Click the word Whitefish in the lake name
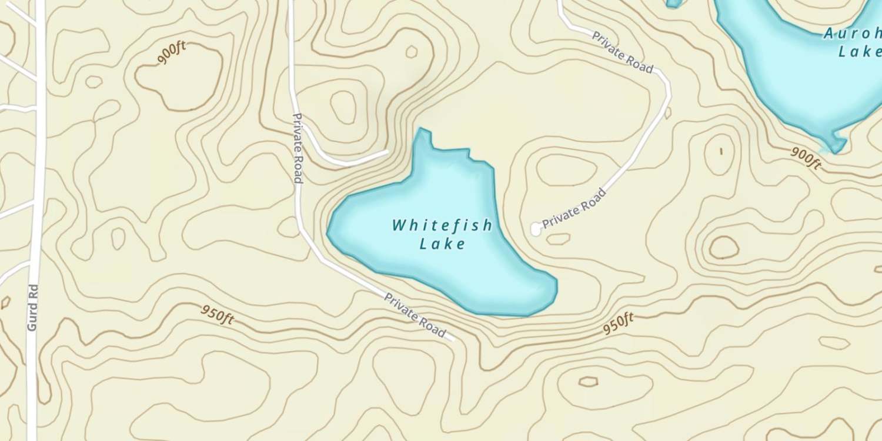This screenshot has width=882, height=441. pyautogui.click(x=442, y=225)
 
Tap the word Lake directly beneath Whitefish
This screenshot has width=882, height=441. pyautogui.click(x=442, y=243)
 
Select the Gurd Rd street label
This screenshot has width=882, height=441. pyautogui.click(x=32, y=307)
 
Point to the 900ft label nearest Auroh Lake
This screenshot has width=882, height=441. pyautogui.click(x=806, y=158)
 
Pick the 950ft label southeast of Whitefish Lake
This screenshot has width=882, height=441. pyautogui.click(x=618, y=324)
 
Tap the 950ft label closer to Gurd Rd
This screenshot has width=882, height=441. pyautogui.click(x=217, y=315)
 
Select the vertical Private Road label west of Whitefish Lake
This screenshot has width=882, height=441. pyautogui.click(x=298, y=148)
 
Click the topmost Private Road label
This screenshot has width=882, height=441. pyautogui.click(x=622, y=53)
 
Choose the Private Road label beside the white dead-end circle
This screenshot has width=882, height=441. pyautogui.click(x=574, y=208)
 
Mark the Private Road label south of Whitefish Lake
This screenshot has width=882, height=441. pyautogui.click(x=415, y=315)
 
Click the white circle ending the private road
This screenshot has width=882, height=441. pyautogui.click(x=536, y=229)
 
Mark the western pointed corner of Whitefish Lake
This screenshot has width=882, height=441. pyautogui.click(x=329, y=232)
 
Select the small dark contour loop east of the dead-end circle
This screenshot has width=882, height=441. pyautogui.click(x=723, y=248)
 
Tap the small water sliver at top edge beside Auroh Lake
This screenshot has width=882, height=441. pyautogui.click(x=674, y=3)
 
